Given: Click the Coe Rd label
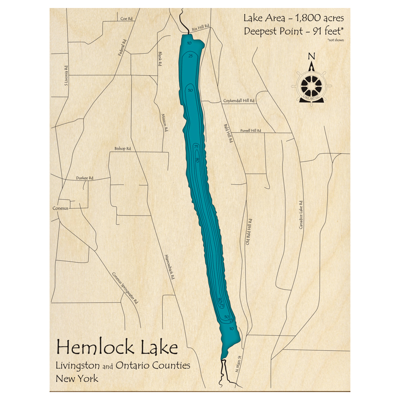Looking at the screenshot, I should [x=126, y=19].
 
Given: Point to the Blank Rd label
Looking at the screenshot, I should [x=160, y=58].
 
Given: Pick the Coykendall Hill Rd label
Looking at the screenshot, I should [x=239, y=101].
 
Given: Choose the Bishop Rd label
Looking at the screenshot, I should [x=123, y=149].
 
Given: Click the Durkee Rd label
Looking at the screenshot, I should [x=84, y=178].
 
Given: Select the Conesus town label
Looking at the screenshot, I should [x=60, y=208].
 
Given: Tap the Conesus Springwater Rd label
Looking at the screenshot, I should [x=125, y=287].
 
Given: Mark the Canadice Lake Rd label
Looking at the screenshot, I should [x=301, y=215].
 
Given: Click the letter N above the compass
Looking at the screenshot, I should [x=312, y=56].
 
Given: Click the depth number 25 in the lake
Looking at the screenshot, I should [x=190, y=56].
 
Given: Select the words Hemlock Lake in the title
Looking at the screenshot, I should [x=117, y=347].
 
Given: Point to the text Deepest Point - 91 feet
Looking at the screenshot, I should [x=294, y=31].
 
